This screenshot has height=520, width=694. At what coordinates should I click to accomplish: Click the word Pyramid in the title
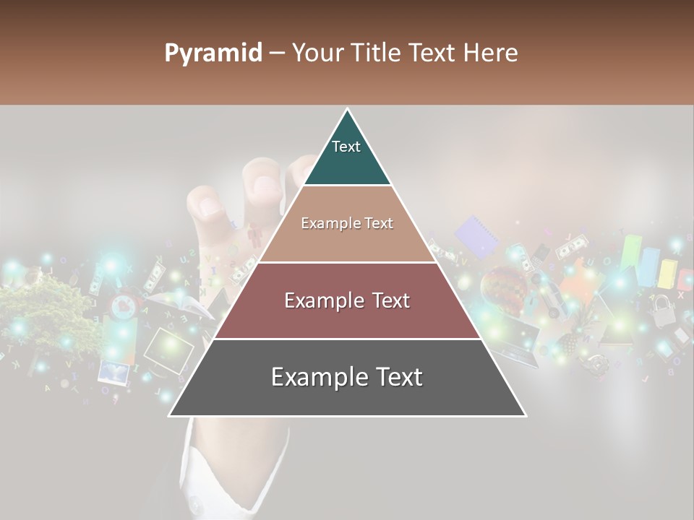pos(213,53)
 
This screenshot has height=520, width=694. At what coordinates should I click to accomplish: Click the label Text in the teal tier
pos(346,147)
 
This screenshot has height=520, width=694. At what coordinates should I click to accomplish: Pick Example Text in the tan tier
pos(347,223)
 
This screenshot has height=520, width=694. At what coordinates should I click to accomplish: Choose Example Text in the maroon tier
pos(347,300)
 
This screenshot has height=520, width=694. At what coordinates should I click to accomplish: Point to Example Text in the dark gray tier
pos(347,377)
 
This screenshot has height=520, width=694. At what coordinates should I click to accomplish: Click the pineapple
pos(571,339)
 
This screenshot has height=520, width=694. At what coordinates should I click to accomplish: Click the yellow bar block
pos(667,274)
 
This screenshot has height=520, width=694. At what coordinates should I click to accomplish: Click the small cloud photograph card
pos(113,373)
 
